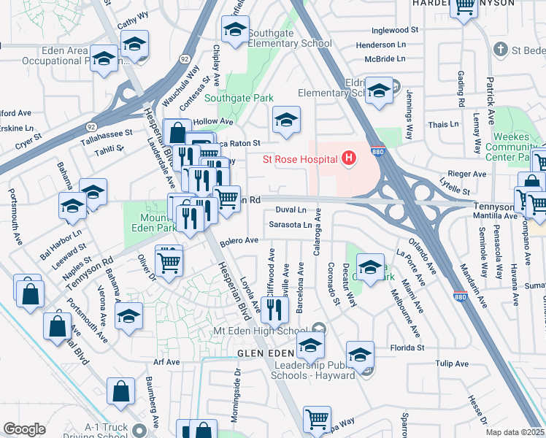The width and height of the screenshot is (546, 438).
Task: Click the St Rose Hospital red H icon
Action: [349, 158]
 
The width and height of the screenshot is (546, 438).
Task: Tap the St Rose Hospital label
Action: [300, 158]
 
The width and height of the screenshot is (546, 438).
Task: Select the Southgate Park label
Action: [239, 98]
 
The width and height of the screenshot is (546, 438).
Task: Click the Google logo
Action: [24, 429]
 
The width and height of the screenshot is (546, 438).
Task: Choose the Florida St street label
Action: [407, 347]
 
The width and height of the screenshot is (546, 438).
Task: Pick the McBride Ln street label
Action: [385, 58]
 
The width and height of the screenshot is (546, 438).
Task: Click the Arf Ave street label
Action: [166, 361]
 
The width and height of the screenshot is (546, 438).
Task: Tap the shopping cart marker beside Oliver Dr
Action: [169, 261]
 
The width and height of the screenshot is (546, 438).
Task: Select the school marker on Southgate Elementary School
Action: [235, 31]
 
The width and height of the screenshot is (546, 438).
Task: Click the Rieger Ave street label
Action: [469, 174]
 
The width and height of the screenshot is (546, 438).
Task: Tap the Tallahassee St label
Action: [107, 134]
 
